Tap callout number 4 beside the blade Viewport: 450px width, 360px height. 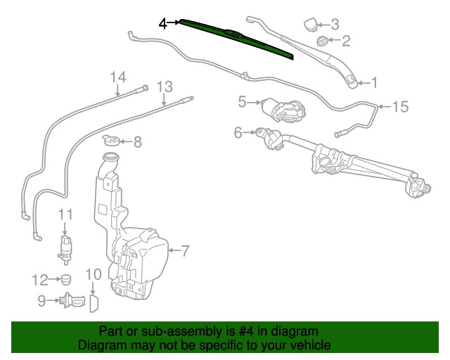coord(162,23)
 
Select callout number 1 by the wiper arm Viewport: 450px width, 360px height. coord(374,83)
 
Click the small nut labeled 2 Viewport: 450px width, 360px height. coord(322,41)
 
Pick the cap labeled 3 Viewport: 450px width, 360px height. coord(311,25)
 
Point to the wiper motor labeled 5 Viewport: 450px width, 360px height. coord(283,110)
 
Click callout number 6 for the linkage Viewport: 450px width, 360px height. coord(238,133)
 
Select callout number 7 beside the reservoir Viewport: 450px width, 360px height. coord(185,251)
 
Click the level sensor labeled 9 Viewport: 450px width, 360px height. coord(72,301)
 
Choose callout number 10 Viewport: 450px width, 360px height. coord(94,274)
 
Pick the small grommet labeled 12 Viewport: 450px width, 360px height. coord(66,280)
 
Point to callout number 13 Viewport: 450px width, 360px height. coord(165,87)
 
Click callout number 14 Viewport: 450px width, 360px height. coord(118,77)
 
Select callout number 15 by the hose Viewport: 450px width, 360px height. coord(400,107)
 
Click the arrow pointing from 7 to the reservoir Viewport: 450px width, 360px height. coord(174,250)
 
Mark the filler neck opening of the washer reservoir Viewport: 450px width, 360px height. coord(111,157)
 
